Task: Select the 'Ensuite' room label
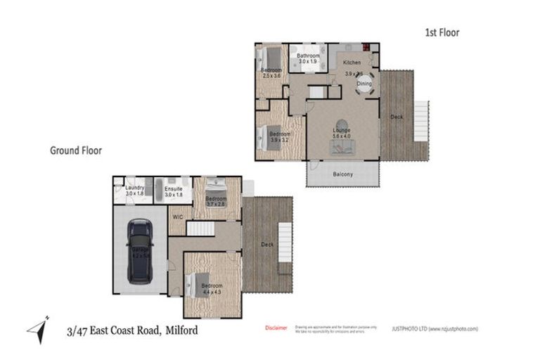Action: click(174, 189)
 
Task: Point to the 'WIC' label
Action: click(177, 217)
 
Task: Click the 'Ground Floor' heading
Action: click(75, 150)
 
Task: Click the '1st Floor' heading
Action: click(442, 32)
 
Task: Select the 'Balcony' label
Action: click(342, 174)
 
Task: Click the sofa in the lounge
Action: click(342, 146)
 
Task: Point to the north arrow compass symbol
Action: click(38, 326)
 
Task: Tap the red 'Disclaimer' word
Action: click(276, 328)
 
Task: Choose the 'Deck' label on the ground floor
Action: click(266, 245)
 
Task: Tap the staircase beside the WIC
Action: click(203, 229)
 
